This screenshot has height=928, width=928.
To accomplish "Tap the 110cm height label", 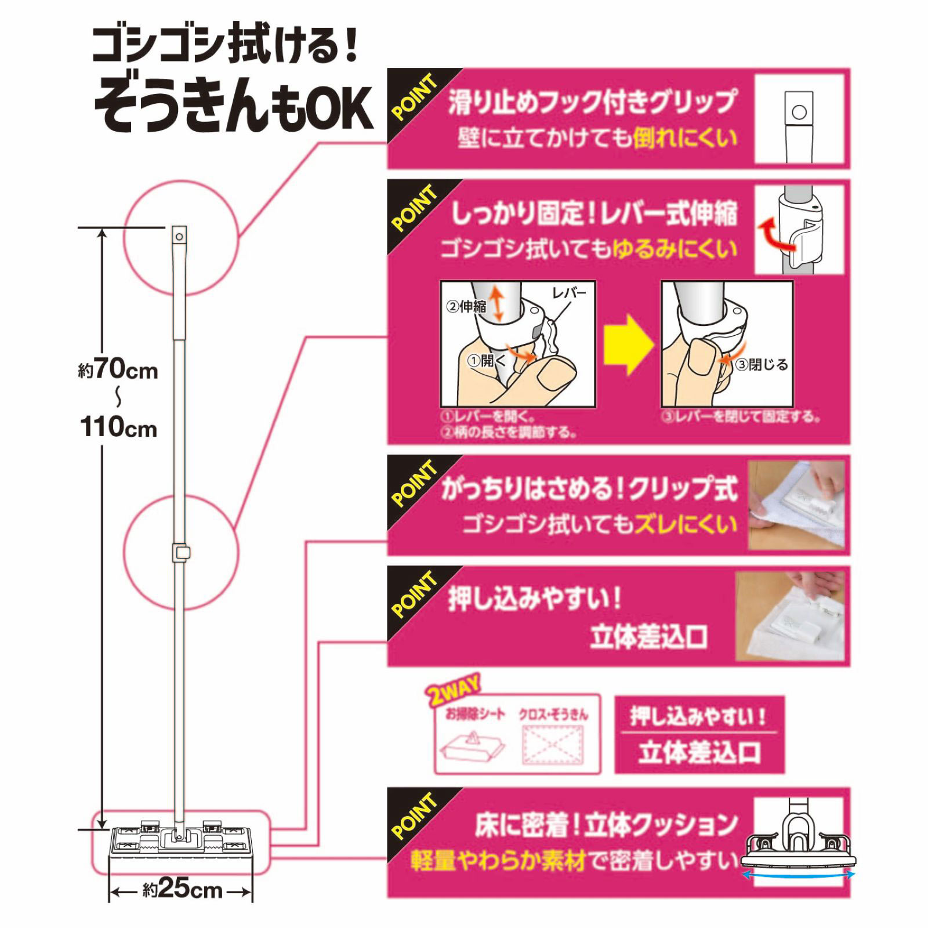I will click(118, 428).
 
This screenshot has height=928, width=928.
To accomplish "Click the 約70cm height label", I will click(118, 369).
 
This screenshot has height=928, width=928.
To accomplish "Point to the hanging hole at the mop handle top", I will click(179, 237).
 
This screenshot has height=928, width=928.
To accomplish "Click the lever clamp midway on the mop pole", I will click(181, 552).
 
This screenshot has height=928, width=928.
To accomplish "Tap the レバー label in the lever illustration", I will click(569, 293).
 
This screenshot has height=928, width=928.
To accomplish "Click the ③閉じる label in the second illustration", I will click(762, 365).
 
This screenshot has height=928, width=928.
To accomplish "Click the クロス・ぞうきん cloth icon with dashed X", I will click(552, 745).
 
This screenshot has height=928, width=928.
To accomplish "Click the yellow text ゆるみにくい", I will click(675, 249).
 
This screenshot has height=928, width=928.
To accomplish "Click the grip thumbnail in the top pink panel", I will click(799, 119).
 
